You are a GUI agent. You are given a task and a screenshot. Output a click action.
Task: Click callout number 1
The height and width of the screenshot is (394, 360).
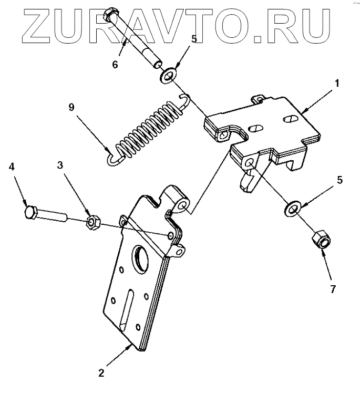(337, 83)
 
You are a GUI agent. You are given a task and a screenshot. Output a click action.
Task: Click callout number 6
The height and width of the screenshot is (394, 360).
(115, 65)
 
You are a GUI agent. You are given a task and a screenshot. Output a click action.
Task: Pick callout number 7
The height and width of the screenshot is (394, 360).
(332, 288)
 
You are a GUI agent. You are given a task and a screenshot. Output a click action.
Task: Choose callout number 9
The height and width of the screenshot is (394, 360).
(71, 107)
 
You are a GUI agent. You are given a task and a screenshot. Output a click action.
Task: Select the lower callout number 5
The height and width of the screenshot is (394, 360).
(340, 180)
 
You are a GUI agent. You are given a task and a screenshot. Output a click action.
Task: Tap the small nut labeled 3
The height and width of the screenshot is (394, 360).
(93, 222)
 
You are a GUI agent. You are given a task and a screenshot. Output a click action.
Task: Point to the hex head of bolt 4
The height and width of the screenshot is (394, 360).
(30, 213)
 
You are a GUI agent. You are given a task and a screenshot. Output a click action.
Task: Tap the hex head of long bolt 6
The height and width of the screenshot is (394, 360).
(111, 14)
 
